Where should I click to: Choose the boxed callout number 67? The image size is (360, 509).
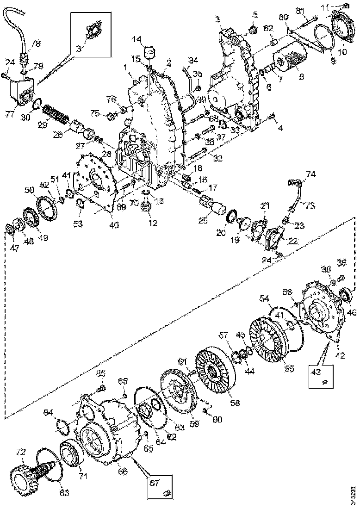(x=160, y=483)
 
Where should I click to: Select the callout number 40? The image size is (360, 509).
(x=113, y=226)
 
